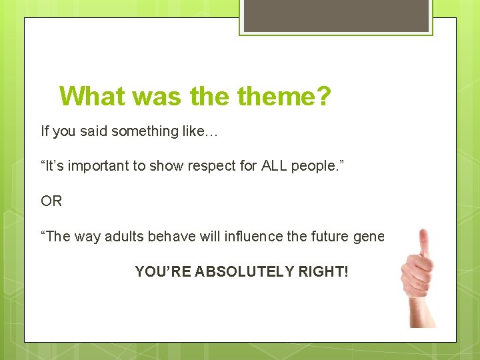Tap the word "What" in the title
point(92,97)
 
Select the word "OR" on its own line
point(51,201)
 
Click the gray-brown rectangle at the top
point(336,15)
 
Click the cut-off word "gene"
point(369,237)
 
